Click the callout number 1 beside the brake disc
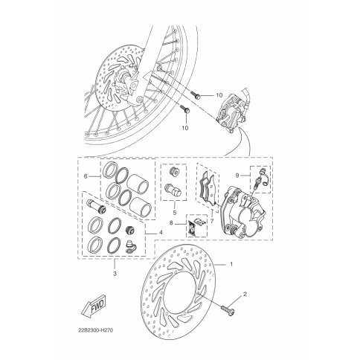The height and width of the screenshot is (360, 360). coord(231,264)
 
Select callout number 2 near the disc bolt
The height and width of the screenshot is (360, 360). coord(245,294)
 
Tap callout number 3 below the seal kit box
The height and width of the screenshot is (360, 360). coord(115,274)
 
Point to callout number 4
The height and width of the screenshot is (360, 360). coord(161,233)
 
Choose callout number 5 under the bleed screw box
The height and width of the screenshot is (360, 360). coord(175,213)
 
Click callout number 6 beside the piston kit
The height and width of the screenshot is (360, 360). coord(86,176)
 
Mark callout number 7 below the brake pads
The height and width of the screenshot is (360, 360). coord(212,220)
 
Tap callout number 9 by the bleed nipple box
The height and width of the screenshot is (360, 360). coord(237,176)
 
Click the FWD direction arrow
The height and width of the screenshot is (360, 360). coord(93,306)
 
